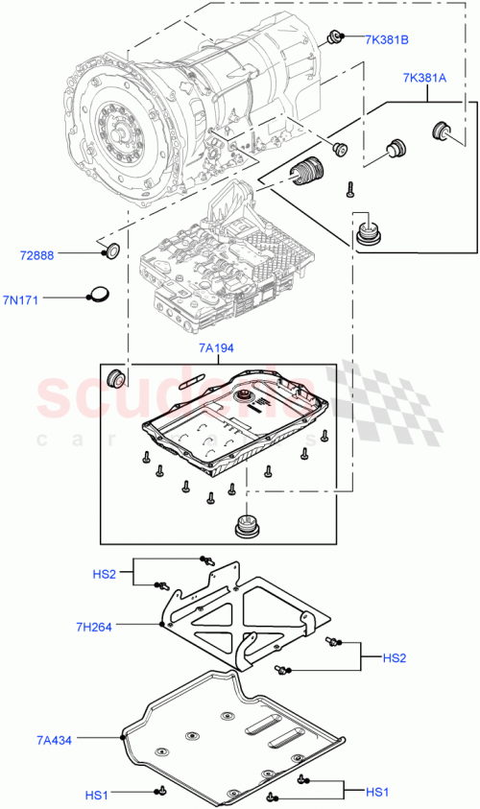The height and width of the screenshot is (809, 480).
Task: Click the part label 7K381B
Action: (387, 39)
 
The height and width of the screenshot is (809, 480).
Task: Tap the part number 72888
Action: (36, 256)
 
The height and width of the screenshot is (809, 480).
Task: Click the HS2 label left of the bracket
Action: (104, 574)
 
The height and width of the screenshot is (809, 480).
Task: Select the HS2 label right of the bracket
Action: (395, 658)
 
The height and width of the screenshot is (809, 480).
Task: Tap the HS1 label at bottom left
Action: (97, 796)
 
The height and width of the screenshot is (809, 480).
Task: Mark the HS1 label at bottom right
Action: (378, 792)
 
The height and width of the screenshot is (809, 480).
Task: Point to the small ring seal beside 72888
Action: (112, 252)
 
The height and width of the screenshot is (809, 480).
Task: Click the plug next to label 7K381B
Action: (336, 37)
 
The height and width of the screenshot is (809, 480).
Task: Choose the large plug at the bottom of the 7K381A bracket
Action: (368, 233)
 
